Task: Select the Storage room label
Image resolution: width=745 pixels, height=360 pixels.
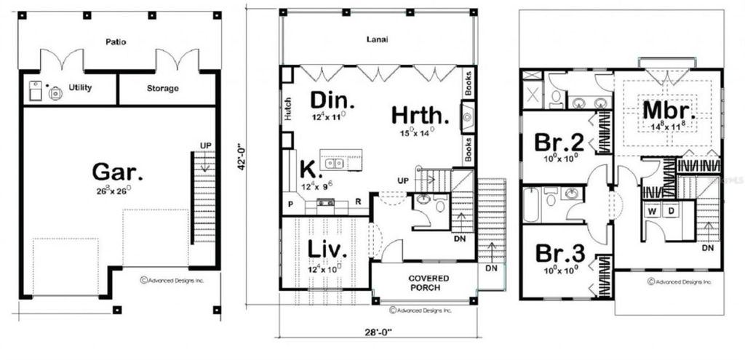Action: coord(163,88)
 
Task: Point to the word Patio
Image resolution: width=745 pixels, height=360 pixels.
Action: coord(115,42)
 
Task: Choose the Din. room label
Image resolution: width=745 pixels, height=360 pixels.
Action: coord(332,100)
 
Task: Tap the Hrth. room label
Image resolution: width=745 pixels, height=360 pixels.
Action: coord(420,116)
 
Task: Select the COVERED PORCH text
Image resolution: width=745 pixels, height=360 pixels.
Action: coord(428,282)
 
